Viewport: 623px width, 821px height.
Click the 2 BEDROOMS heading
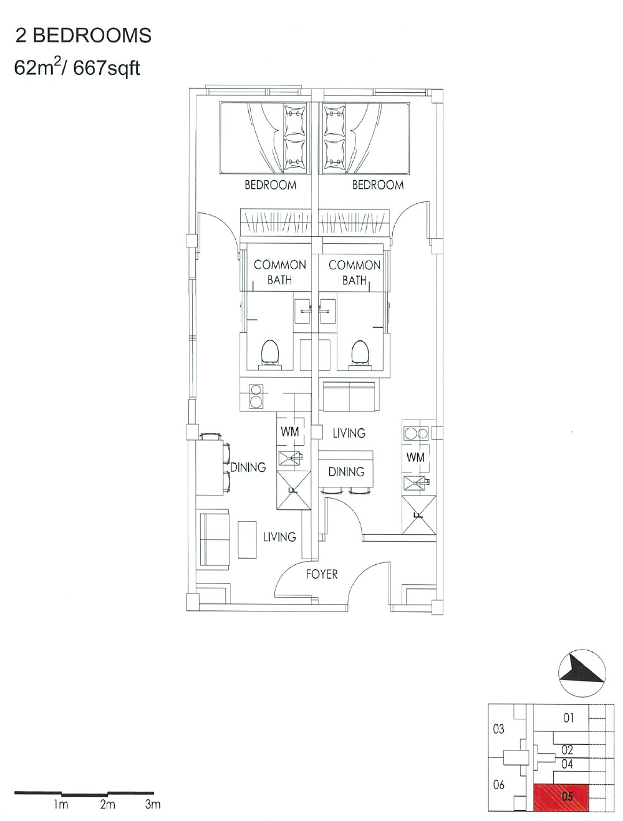pos(83,36)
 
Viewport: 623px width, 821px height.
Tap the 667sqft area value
pos(107,69)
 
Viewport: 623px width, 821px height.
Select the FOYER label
pos(322,574)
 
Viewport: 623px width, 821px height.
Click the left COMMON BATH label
pos(279,272)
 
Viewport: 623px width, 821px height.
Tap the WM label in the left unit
pos(290,431)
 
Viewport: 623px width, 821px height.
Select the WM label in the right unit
pos(415,457)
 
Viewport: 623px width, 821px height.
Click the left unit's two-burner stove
pos(256,396)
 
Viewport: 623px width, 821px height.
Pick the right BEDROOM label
pos(378,185)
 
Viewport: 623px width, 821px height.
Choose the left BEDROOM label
pos(271,185)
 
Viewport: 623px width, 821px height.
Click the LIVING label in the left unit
pos(280,537)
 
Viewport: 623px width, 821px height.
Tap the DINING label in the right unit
pos(347,472)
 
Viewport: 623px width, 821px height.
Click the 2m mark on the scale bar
pos(107,805)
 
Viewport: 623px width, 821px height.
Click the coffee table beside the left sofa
pos(248,540)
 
